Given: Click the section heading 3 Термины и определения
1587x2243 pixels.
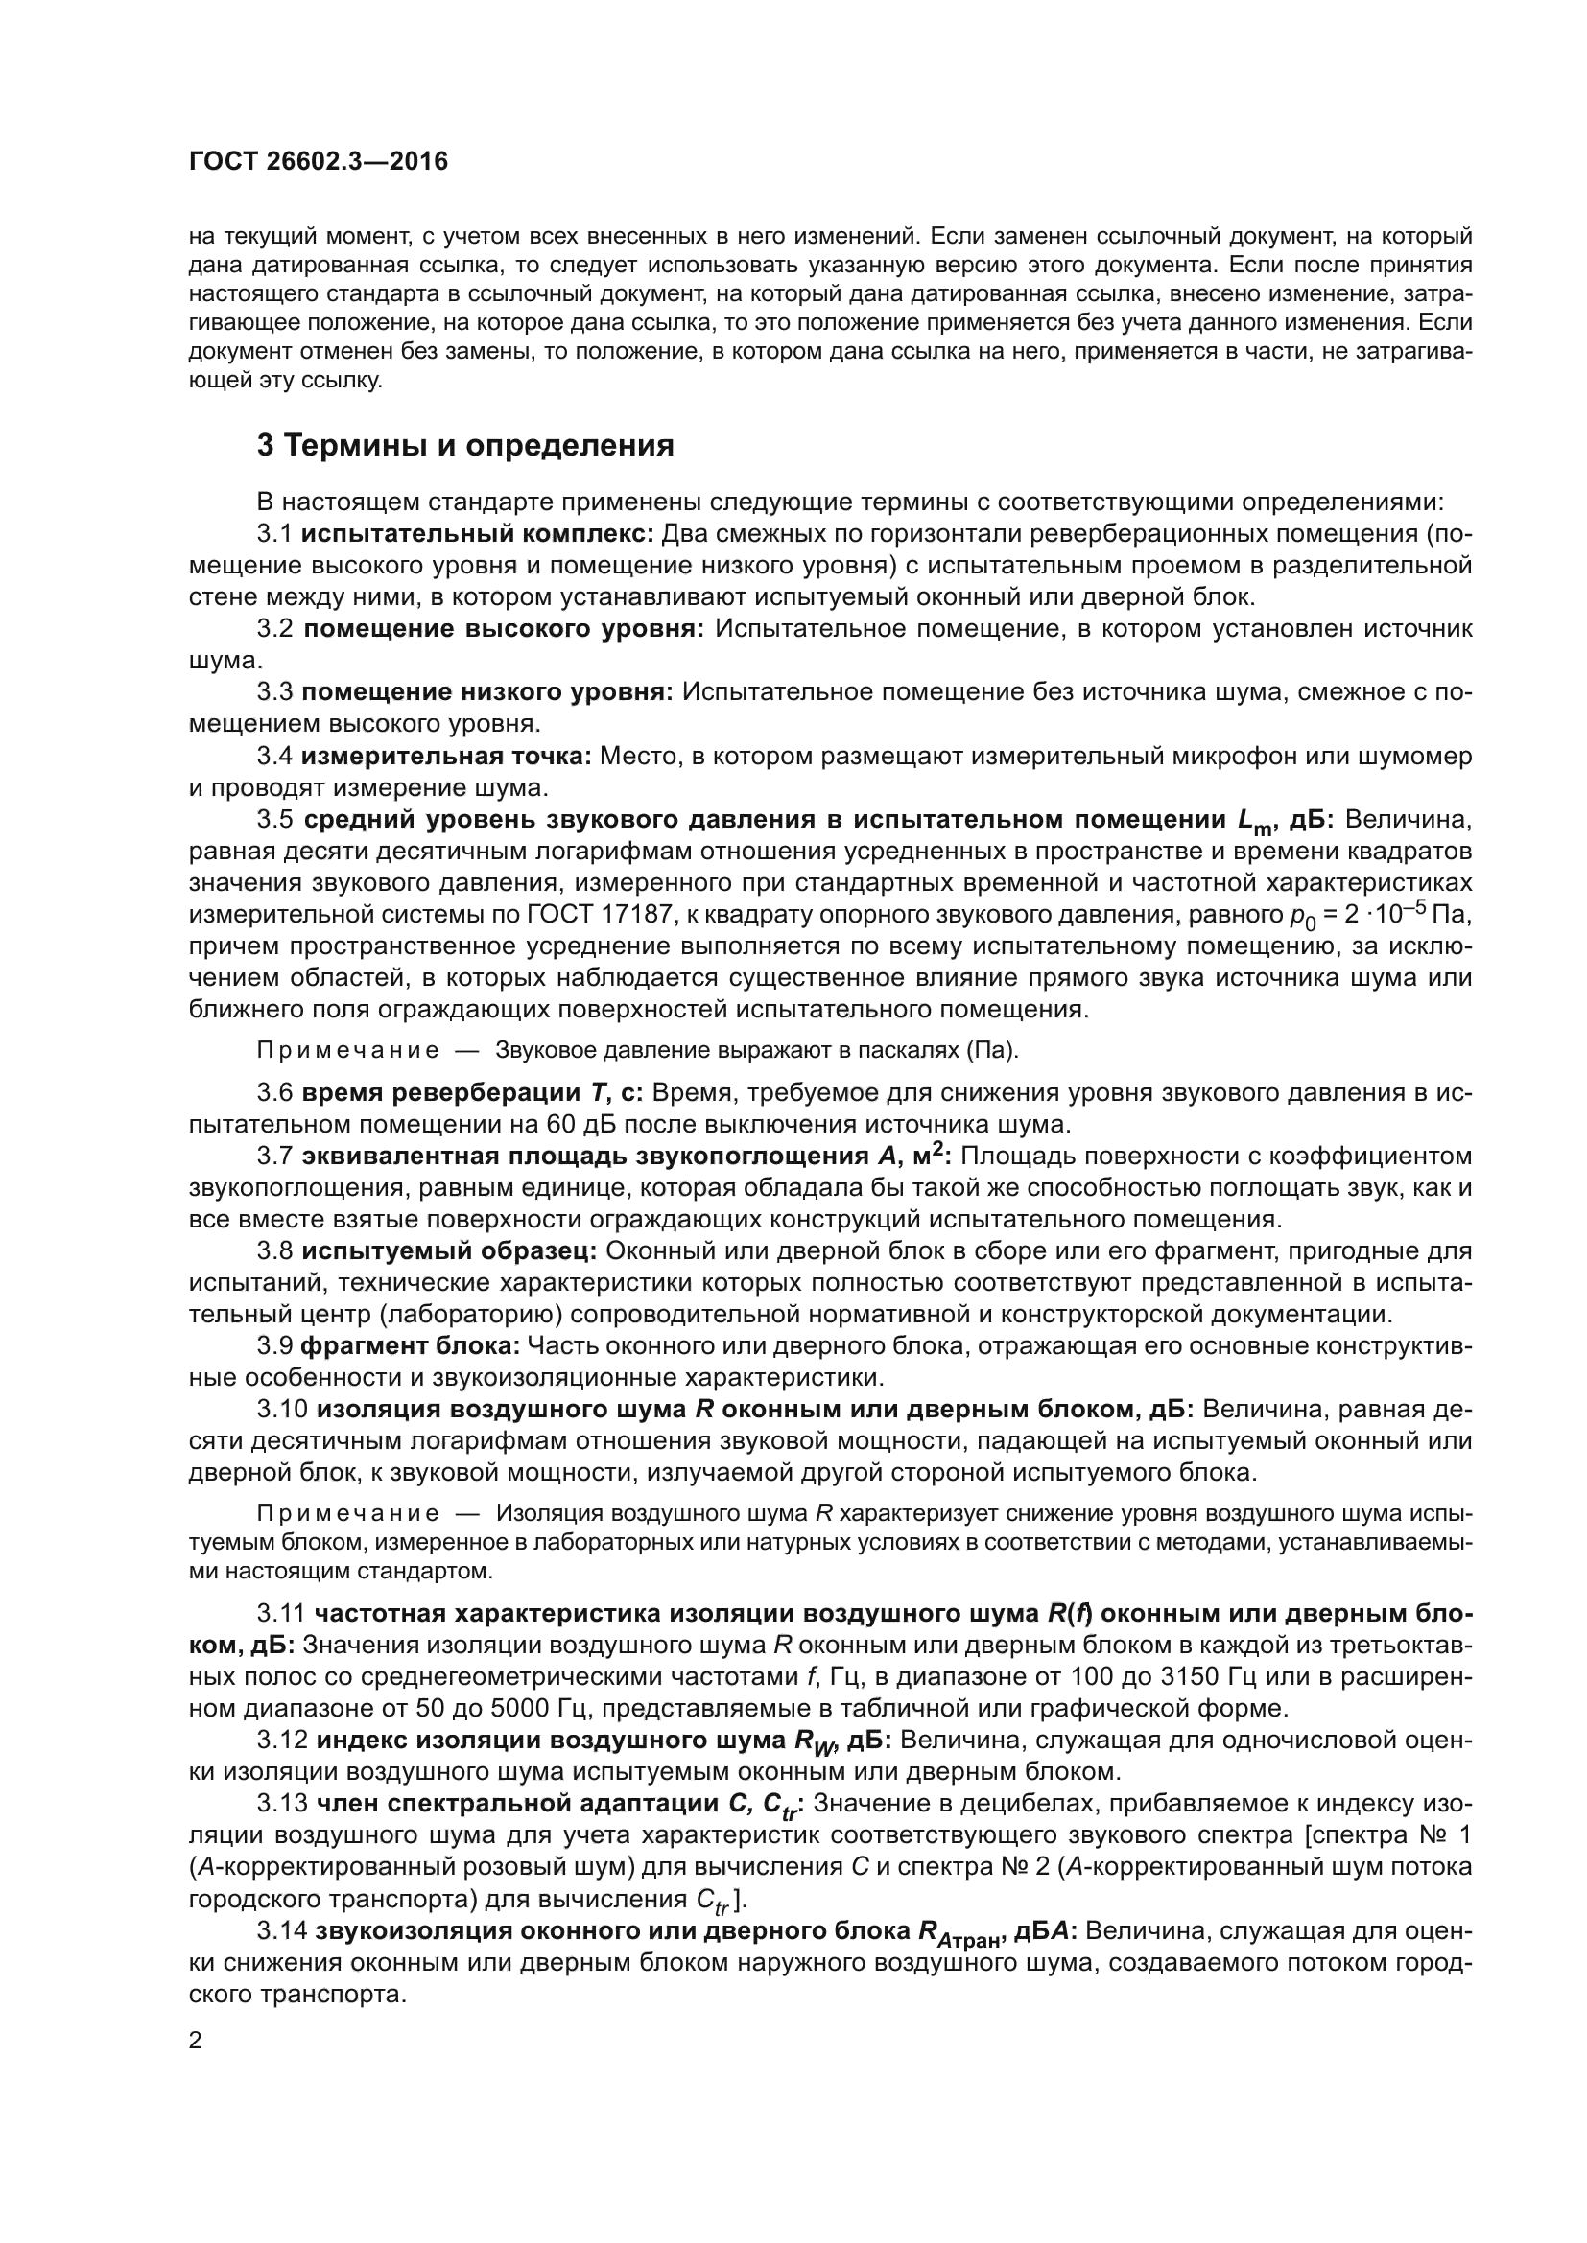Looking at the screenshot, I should [465, 446].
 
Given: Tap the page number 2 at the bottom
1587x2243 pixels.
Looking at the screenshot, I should [196, 2041].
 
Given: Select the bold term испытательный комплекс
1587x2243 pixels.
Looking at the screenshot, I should [477, 534].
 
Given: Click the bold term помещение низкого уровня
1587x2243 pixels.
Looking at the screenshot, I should [486, 692].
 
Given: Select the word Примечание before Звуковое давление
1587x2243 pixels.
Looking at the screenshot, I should [347, 1051].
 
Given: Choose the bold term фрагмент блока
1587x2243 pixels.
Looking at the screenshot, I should [411, 1346].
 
